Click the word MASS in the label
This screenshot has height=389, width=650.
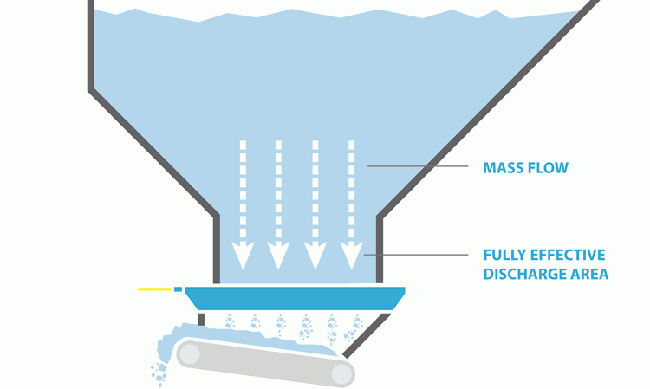pos(503,167)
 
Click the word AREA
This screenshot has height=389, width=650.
pos(588,275)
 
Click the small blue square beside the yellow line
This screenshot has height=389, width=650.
pos(178,289)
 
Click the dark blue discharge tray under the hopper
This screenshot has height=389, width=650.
pos(295,297)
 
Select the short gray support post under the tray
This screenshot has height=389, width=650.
pos(201,319)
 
